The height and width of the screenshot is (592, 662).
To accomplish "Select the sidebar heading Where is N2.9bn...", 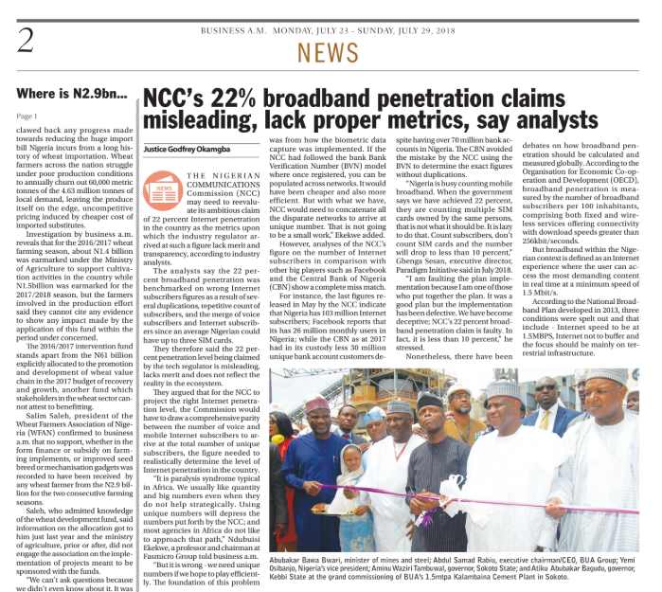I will click(71, 96).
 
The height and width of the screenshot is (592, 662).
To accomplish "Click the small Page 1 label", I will click(27, 116).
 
